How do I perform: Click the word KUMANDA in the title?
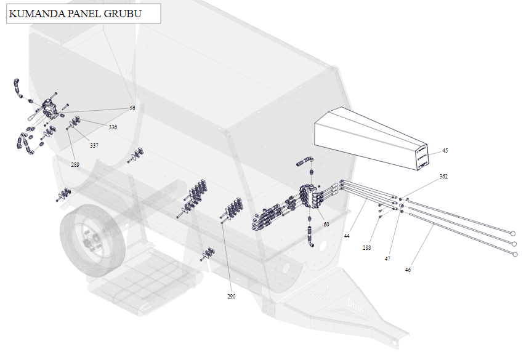tap(37, 14)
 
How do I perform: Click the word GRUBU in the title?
tap(123, 14)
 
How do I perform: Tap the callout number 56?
tap(132, 108)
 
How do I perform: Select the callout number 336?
tap(113, 127)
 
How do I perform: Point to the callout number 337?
tap(94, 146)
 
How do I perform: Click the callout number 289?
tap(75, 165)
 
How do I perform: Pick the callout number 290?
tap(231, 296)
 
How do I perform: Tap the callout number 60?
tap(326, 224)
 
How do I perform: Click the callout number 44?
tap(347, 236)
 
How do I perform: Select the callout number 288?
tap(366, 248)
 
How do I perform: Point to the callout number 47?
tap(387, 259)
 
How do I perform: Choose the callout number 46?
tap(408, 270)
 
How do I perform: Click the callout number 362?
tap(443, 176)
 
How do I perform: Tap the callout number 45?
tap(445, 151)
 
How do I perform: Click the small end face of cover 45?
tap(422, 157)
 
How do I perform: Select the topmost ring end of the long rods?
tap(513, 233)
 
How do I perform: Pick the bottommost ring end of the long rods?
tap(515, 254)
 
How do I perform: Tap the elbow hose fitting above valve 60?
tap(305, 161)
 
